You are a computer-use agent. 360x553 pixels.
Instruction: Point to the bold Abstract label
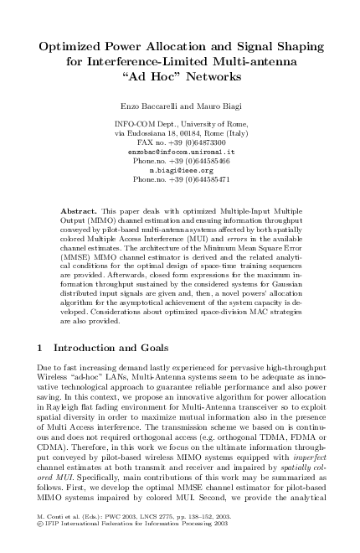[x=80, y=205]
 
